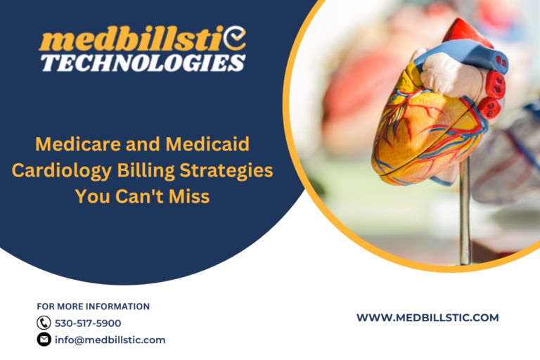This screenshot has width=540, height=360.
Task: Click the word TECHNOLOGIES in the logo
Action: click(x=143, y=63)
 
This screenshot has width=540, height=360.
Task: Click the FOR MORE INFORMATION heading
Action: click(x=93, y=307)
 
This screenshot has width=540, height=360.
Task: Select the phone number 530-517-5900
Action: click(x=88, y=323)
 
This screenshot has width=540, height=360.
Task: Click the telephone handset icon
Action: click(x=44, y=323)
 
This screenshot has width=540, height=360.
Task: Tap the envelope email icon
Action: click(x=44, y=340)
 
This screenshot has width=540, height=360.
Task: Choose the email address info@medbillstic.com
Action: click(x=110, y=340)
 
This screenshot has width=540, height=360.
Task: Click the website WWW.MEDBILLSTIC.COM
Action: click(x=427, y=318)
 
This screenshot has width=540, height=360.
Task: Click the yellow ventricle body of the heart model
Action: click(x=415, y=134)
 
